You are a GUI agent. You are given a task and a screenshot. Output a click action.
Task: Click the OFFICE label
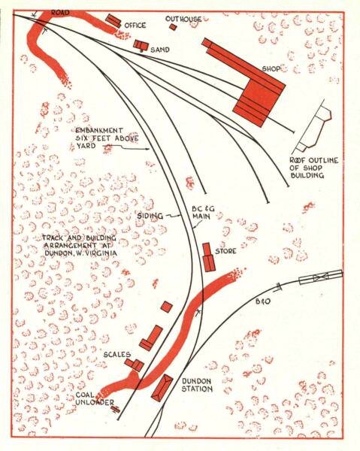135,26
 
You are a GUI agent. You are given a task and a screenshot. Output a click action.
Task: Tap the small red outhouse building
173,27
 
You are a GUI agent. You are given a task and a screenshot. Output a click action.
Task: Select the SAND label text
160,50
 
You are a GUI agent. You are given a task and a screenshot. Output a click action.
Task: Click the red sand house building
141,45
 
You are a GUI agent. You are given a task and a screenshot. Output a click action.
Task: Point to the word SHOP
271,69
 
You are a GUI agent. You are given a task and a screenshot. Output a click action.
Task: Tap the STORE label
225,251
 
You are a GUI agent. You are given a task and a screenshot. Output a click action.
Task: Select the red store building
209,257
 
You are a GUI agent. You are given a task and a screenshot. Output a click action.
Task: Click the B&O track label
263,301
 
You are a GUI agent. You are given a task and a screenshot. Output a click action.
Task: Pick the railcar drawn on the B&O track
321,277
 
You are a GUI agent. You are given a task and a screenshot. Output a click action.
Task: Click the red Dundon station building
162,388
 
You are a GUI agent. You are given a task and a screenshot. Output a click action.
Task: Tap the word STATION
197,389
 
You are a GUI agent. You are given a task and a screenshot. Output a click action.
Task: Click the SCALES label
117,355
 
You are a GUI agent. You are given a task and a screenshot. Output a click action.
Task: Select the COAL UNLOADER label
95,398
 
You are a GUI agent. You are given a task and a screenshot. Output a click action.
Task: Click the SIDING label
150,216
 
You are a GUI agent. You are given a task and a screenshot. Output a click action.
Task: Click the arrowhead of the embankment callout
148,149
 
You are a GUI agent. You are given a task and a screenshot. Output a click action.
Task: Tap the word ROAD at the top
60,13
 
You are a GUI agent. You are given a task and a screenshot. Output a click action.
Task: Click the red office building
113,21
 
